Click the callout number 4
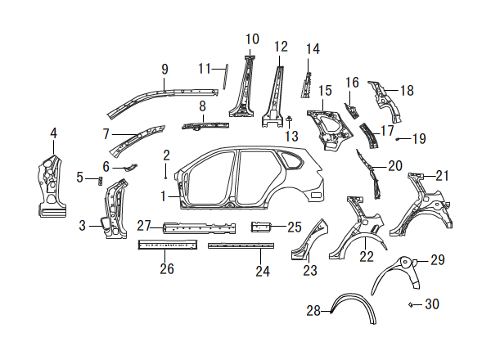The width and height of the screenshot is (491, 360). (53, 133)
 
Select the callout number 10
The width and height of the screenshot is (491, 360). (252, 39)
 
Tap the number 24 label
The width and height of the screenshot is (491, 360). (263, 271)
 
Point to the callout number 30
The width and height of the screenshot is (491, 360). (432, 304)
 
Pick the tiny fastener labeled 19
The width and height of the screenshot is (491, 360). (398, 139)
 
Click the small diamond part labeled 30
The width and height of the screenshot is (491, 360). (410, 304)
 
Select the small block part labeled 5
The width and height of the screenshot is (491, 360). (100, 181)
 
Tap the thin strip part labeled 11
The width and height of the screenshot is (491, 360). (225, 77)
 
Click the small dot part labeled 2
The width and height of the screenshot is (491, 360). (165, 178)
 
